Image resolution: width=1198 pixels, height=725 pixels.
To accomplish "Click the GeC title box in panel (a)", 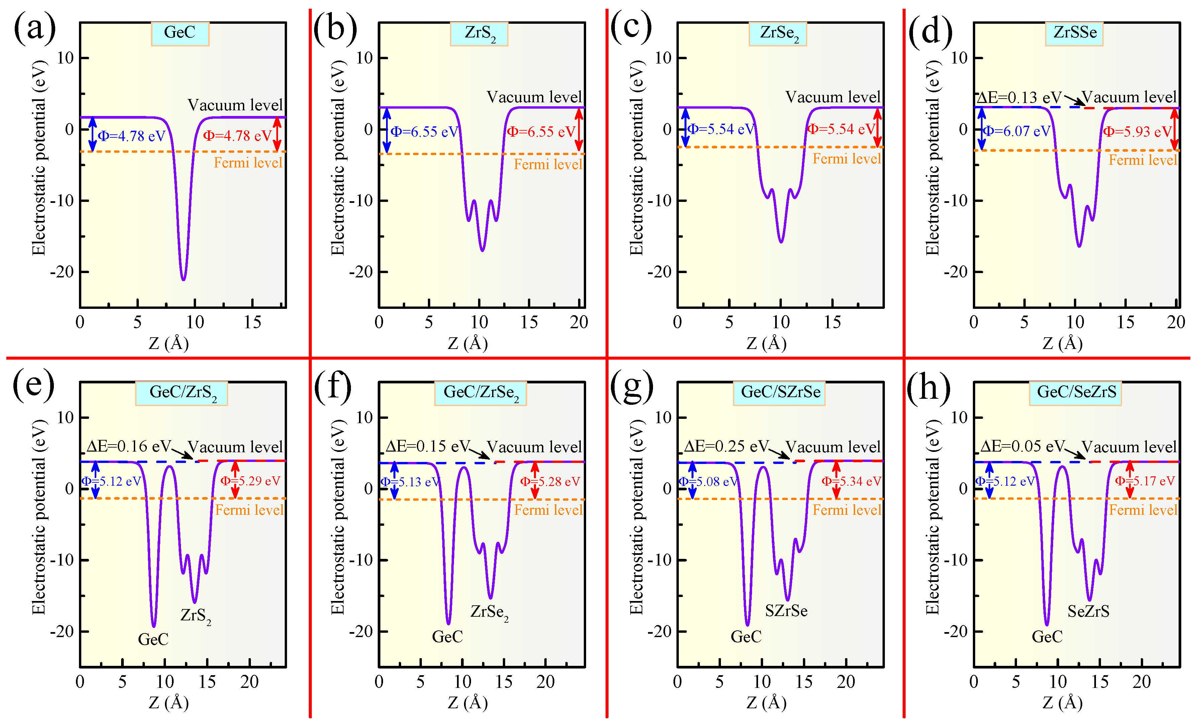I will pos(180,33).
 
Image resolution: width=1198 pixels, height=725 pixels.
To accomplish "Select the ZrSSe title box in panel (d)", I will pos(1075,33).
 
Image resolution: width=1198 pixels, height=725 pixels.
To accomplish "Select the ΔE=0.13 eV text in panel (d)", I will pos(1019,98).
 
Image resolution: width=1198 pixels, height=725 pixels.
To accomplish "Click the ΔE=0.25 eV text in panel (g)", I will pos(726,446).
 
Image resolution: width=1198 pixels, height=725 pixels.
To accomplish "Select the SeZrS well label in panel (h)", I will pos(1088,611).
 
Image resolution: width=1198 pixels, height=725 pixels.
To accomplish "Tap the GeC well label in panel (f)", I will pos(447,636).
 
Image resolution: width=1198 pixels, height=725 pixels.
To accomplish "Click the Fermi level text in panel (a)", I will pos(248,163).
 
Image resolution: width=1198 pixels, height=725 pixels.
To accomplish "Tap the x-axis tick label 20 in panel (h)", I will pos(1141,682).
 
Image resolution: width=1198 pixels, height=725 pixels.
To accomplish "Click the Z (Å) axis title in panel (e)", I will pos(169,703).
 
